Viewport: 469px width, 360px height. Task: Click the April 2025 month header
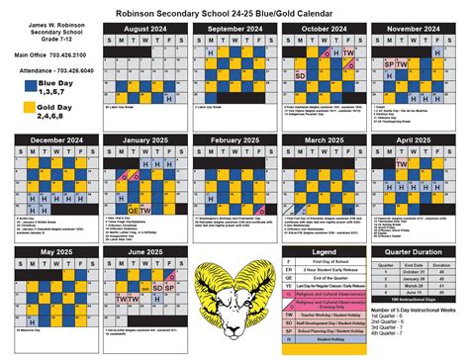tap(413, 141)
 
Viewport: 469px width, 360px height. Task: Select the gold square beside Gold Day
tap(18, 108)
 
